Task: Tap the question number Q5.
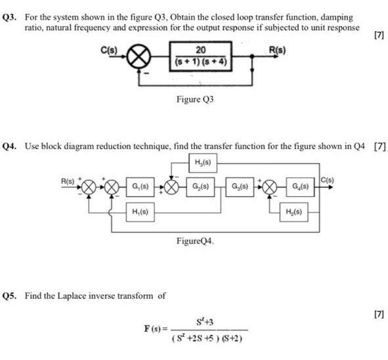[x=11, y=295]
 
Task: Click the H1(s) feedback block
[x=139, y=214]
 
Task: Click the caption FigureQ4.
[x=195, y=241]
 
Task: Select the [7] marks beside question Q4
[x=379, y=146]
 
